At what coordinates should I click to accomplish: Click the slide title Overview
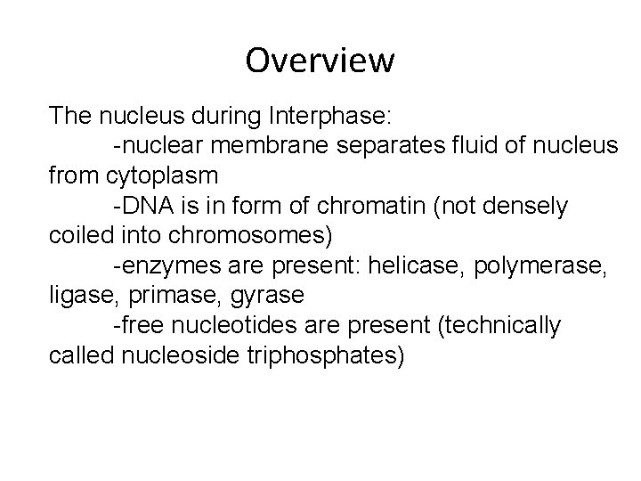320,61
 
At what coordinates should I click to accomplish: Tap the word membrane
264,145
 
